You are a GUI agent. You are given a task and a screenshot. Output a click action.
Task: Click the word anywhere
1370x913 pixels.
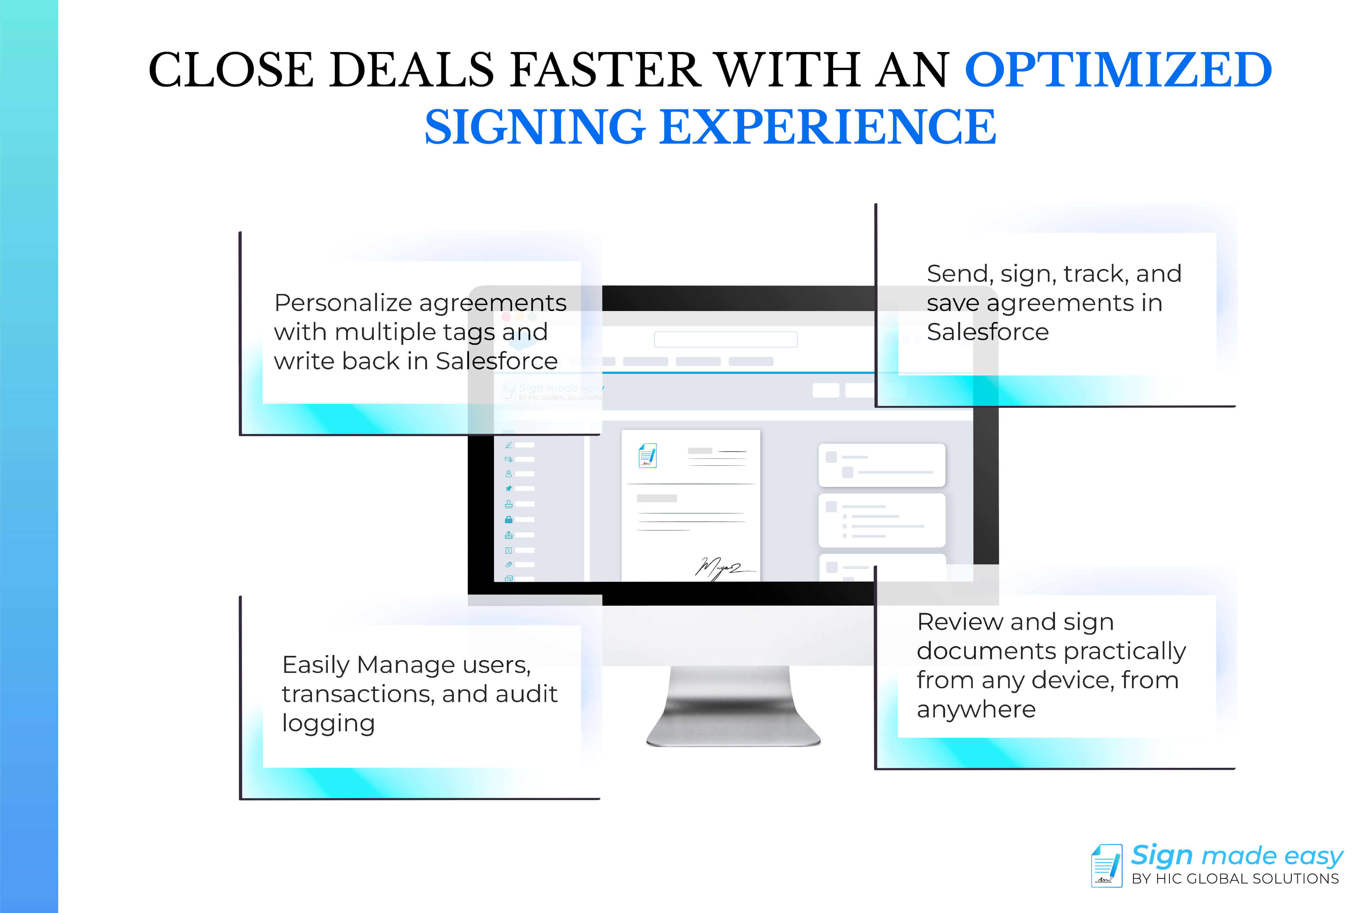[x=976, y=709]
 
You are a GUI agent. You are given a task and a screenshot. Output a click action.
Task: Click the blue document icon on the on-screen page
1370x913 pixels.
[x=647, y=455]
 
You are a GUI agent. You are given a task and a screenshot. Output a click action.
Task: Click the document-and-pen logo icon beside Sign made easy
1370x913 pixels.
[x=1106, y=866]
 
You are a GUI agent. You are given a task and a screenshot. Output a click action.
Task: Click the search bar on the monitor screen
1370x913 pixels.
[x=725, y=339]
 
